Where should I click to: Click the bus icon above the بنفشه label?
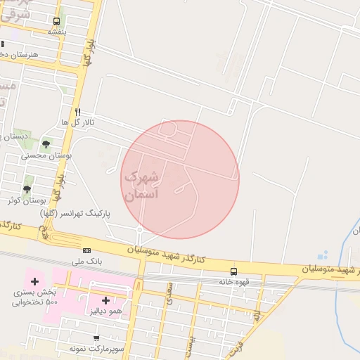[x=56, y=21]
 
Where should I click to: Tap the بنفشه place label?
[x=57, y=32]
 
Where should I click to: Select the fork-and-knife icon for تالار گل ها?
[x=77, y=112]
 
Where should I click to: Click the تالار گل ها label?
[x=77, y=122]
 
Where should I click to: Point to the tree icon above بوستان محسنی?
[x=46, y=144]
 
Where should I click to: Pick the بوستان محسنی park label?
[x=43, y=155]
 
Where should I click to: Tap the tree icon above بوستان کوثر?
[x=27, y=189]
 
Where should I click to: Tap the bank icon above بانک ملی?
[x=86, y=250]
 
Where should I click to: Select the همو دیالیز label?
[x=106, y=311]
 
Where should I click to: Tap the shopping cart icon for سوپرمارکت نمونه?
[x=96, y=338]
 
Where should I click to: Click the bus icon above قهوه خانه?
[x=233, y=271]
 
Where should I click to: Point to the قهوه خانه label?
[x=233, y=282]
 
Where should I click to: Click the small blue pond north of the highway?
[x=323, y=255]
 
